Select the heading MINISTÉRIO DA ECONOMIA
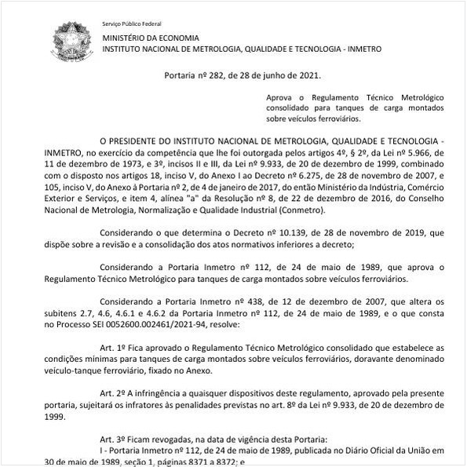[151, 38]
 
